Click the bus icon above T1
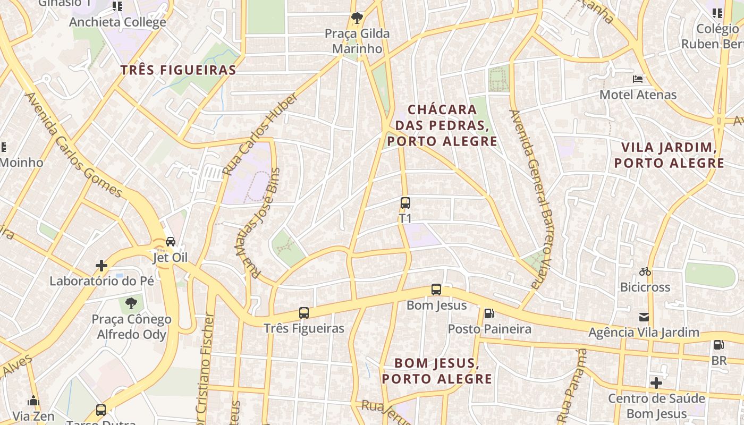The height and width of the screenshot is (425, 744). (405, 203)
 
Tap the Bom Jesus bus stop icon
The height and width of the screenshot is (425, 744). (436, 290)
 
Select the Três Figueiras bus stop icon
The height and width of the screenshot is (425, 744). (304, 313)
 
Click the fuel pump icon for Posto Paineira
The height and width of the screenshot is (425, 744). (489, 313)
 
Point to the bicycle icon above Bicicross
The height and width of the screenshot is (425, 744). (645, 271)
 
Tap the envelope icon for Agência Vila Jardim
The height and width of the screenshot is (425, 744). (644, 317)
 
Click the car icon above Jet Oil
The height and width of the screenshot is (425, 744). (171, 242)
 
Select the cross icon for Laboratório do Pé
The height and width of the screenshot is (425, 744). (101, 265)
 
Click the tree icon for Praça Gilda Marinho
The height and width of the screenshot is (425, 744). (357, 18)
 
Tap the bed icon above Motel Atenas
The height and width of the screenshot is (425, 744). (638, 79)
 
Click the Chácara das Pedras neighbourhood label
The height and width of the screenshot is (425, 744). (442, 125)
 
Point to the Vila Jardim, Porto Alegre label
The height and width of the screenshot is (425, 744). (669, 155)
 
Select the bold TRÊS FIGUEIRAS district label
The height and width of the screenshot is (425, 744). (178, 70)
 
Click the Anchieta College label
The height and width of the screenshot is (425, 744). (117, 22)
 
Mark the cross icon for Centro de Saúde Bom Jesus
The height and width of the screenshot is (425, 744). (656, 382)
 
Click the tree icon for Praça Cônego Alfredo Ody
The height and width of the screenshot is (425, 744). (131, 303)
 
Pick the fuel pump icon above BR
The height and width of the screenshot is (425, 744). (718, 345)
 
